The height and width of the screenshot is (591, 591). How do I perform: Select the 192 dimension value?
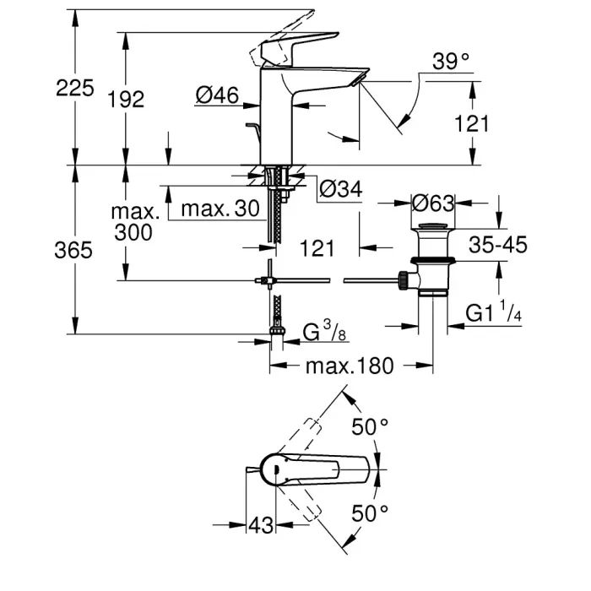click(x=127, y=99)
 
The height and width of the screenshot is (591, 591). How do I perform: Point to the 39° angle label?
click(x=450, y=62)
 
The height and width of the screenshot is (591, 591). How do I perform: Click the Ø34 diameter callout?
click(x=341, y=191)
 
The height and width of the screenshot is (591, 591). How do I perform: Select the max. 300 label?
click(x=133, y=221)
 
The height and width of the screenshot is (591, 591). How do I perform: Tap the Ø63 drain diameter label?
click(x=433, y=203)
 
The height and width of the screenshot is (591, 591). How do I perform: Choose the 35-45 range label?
click(x=498, y=245)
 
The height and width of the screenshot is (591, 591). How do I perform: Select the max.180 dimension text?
click(x=337, y=366)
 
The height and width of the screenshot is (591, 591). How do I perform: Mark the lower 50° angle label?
click(x=371, y=512)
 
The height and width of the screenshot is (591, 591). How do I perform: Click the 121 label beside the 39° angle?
click(x=471, y=124)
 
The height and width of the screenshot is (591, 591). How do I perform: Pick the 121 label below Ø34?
click(x=317, y=248)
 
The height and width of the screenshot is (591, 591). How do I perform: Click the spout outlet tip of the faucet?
click(x=361, y=79)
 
